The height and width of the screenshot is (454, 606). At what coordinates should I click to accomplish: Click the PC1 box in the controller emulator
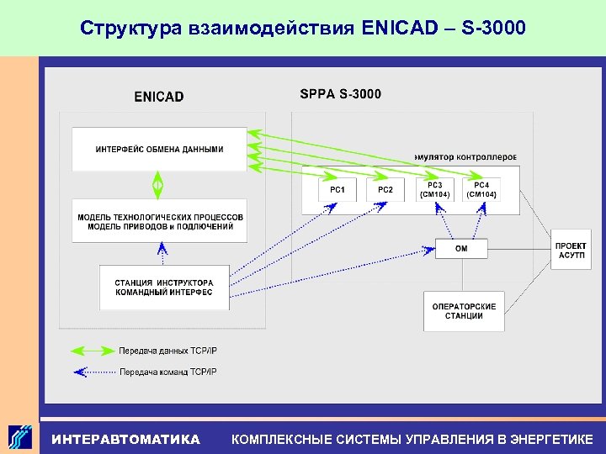(337, 190)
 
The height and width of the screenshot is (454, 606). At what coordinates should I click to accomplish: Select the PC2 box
(385, 190)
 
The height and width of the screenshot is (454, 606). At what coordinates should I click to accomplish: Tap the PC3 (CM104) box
(434, 190)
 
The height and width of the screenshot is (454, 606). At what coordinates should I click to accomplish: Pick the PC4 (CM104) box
(481, 190)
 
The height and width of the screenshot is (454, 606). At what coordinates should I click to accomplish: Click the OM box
(461, 249)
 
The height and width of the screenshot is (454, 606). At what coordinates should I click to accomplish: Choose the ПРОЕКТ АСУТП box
(571, 249)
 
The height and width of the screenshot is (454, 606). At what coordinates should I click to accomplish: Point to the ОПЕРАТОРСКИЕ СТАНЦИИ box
(464, 311)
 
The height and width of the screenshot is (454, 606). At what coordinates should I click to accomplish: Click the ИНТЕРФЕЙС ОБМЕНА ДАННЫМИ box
(159, 150)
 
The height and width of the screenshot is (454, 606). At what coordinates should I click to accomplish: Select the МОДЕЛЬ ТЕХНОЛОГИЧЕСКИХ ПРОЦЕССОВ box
(160, 221)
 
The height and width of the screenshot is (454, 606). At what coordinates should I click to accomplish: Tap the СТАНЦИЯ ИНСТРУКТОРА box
(164, 288)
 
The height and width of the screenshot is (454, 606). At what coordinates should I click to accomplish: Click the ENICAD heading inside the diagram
(158, 97)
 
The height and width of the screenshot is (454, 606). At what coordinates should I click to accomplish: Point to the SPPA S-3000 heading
(340, 93)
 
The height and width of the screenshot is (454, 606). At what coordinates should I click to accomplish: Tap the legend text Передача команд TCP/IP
(167, 372)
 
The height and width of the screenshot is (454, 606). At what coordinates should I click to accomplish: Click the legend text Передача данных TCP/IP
(167, 351)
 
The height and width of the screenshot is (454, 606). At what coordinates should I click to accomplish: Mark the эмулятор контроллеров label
(465, 157)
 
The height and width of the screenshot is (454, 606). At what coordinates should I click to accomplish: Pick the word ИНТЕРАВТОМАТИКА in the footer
(125, 439)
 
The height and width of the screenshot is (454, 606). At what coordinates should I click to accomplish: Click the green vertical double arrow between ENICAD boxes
(157, 184)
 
